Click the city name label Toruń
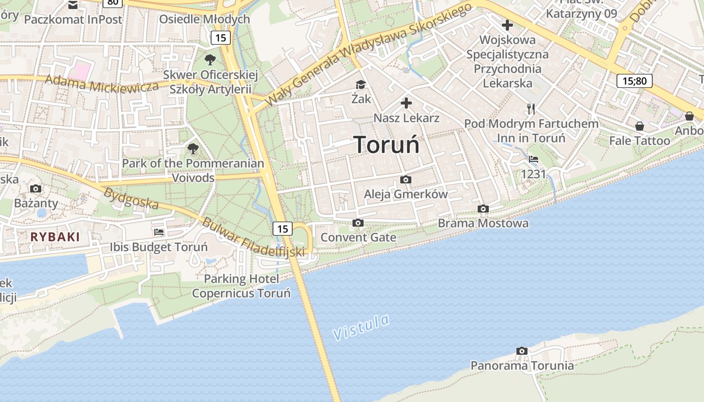[386, 145]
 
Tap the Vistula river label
[361, 327]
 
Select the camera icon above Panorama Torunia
[522, 351]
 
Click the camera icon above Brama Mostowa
[483, 209]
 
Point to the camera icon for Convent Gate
[358, 223]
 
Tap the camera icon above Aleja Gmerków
[405, 179]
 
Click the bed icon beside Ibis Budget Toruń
[159, 232]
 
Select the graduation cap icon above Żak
[361, 84]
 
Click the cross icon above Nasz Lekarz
[406, 104]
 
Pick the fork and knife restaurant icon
[531, 109]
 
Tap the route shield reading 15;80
[634, 80]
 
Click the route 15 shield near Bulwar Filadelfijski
[283, 229]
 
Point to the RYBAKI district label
[55, 237]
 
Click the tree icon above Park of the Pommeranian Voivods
[193, 149]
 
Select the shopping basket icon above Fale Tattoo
[639, 126]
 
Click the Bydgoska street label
[131, 198]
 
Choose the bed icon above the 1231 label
[534, 159]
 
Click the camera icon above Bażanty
[36, 188]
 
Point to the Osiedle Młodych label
[204, 19]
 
